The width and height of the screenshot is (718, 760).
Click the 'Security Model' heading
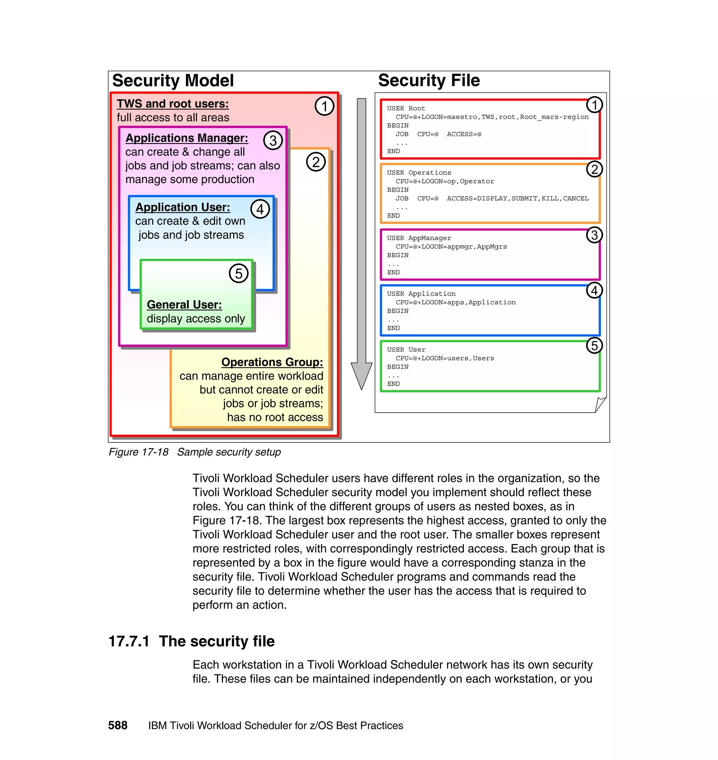pyautogui.click(x=172, y=81)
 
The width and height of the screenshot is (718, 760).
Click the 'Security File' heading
pyautogui.click(x=429, y=81)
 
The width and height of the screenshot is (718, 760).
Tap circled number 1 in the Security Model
pyautogui.click(x=324, y=106)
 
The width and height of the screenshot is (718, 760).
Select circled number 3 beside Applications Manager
pyautogui.click(x=273, y=141)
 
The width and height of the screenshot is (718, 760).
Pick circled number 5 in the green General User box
pyautogui.click(x=238, y=274)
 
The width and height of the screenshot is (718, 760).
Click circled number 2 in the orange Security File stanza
pyautogui.click(x=594, y=169)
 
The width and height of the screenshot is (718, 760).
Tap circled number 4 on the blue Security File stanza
pyautogui.click(x=594, y=291)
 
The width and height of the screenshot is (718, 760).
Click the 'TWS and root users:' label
pyautogui.click(x=172, y=104)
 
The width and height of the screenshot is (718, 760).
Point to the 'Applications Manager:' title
pyautogui.click(x=187, y=138)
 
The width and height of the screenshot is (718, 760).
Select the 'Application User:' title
pyautogui.click(x=183, y=207)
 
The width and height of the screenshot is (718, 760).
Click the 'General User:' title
pyautogui.click(x=184, y=305)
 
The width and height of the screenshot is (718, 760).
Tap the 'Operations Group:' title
pyautogui.click(x=272, y=362)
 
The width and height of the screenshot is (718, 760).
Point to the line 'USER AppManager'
pyautogui.click(x=419, y=238)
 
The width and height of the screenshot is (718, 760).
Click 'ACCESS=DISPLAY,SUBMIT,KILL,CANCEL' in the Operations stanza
pyautogui.click(x=517, y=198)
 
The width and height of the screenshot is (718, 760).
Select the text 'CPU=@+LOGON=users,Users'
pyautogui.click(x=445, y=358)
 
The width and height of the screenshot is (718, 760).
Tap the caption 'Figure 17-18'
pyautogui.click(x=138, y=452)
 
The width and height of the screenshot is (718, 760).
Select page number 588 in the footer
pyautogui.click(x=117, y=725)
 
